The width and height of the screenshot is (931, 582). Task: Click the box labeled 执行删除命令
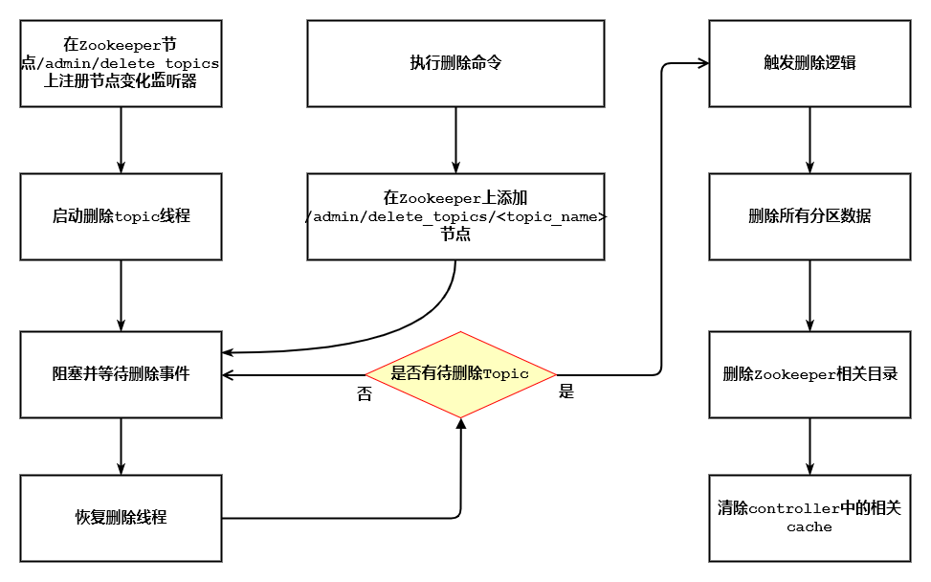point(455,64)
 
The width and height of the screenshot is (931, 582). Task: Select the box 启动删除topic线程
point(121,216)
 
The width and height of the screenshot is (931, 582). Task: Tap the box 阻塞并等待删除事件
point(121,374)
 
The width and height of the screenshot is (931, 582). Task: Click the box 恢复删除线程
point(121,518)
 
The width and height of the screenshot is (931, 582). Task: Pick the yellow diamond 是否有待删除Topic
point(460,374)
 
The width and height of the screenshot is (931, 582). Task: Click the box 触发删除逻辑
point(809,64)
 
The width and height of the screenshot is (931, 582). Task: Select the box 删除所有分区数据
point(809,216)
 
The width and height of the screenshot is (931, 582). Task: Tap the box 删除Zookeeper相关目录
point(809,374)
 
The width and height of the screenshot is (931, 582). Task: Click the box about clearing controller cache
point(809,518)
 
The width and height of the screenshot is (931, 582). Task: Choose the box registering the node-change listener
point(121,64)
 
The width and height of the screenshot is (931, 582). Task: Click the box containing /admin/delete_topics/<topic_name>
point(455,216)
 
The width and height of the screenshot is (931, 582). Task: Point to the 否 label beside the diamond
point(364,393)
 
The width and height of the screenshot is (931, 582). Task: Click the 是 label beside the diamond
point(566,392)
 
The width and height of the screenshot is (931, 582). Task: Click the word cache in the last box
point(809,527)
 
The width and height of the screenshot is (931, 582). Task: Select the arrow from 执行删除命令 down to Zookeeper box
point(455,140)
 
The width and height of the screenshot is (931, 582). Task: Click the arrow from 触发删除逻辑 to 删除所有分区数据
point(810,140)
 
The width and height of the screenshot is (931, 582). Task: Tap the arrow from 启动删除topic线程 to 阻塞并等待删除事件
point(121,295)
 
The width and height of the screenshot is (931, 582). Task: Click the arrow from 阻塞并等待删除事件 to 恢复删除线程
point(121,446)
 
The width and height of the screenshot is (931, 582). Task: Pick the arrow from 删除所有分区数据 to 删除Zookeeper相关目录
point(810,295)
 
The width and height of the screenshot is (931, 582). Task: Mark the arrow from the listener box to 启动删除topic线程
point(121,140)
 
